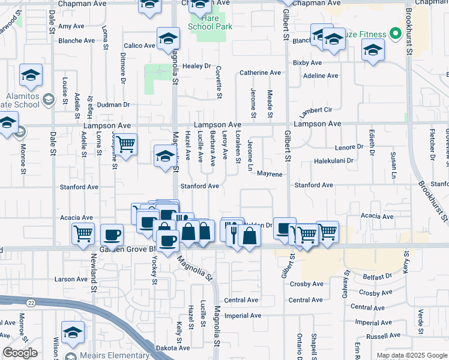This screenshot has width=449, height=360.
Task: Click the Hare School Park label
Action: pos(209,23)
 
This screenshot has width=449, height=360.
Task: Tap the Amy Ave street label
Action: pos(71,26)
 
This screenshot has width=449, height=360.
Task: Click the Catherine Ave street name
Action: pos(260,73)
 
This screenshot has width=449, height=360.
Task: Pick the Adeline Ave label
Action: pos(321,76)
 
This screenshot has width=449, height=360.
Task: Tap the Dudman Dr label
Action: pos(113,104)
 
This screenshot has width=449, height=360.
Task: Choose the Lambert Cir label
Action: pos(316,111)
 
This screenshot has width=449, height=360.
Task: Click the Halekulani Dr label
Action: pos(334,161)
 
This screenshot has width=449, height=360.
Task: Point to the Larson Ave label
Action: pos(71,279)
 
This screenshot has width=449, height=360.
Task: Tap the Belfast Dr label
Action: pos(377,277)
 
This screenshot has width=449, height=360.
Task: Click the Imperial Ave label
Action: pos(243,316)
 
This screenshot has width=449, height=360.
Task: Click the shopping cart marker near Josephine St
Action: pos(125,144)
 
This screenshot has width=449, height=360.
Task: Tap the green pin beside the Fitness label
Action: pos(395,34)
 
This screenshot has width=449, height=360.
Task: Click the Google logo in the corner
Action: pos(20,353)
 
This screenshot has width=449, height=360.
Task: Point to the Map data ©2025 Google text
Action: pos(411,355)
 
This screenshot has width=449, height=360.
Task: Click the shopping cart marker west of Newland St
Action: pos(83,233)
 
